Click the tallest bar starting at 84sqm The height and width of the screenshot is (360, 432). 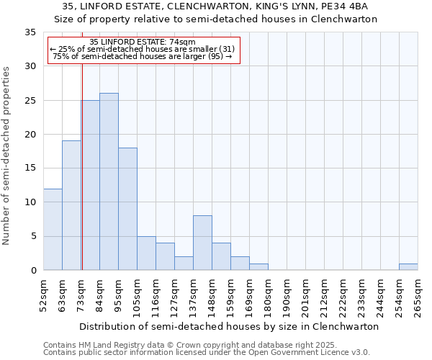pos(109,181)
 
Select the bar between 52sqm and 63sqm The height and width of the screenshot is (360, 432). pos(53,229)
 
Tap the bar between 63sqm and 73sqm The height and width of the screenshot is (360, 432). pos(71,205)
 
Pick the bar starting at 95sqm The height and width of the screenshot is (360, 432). pos(127,209)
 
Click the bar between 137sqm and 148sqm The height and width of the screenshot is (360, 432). pos(202,243)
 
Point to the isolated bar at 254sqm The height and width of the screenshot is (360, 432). pos(408,266)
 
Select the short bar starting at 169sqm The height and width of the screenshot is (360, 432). pos(258,266)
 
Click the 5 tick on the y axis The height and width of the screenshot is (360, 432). pos(33,236)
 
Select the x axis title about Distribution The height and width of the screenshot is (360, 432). pos(229,326)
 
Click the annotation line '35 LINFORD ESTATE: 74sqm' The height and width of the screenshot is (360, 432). pos(142,42)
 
